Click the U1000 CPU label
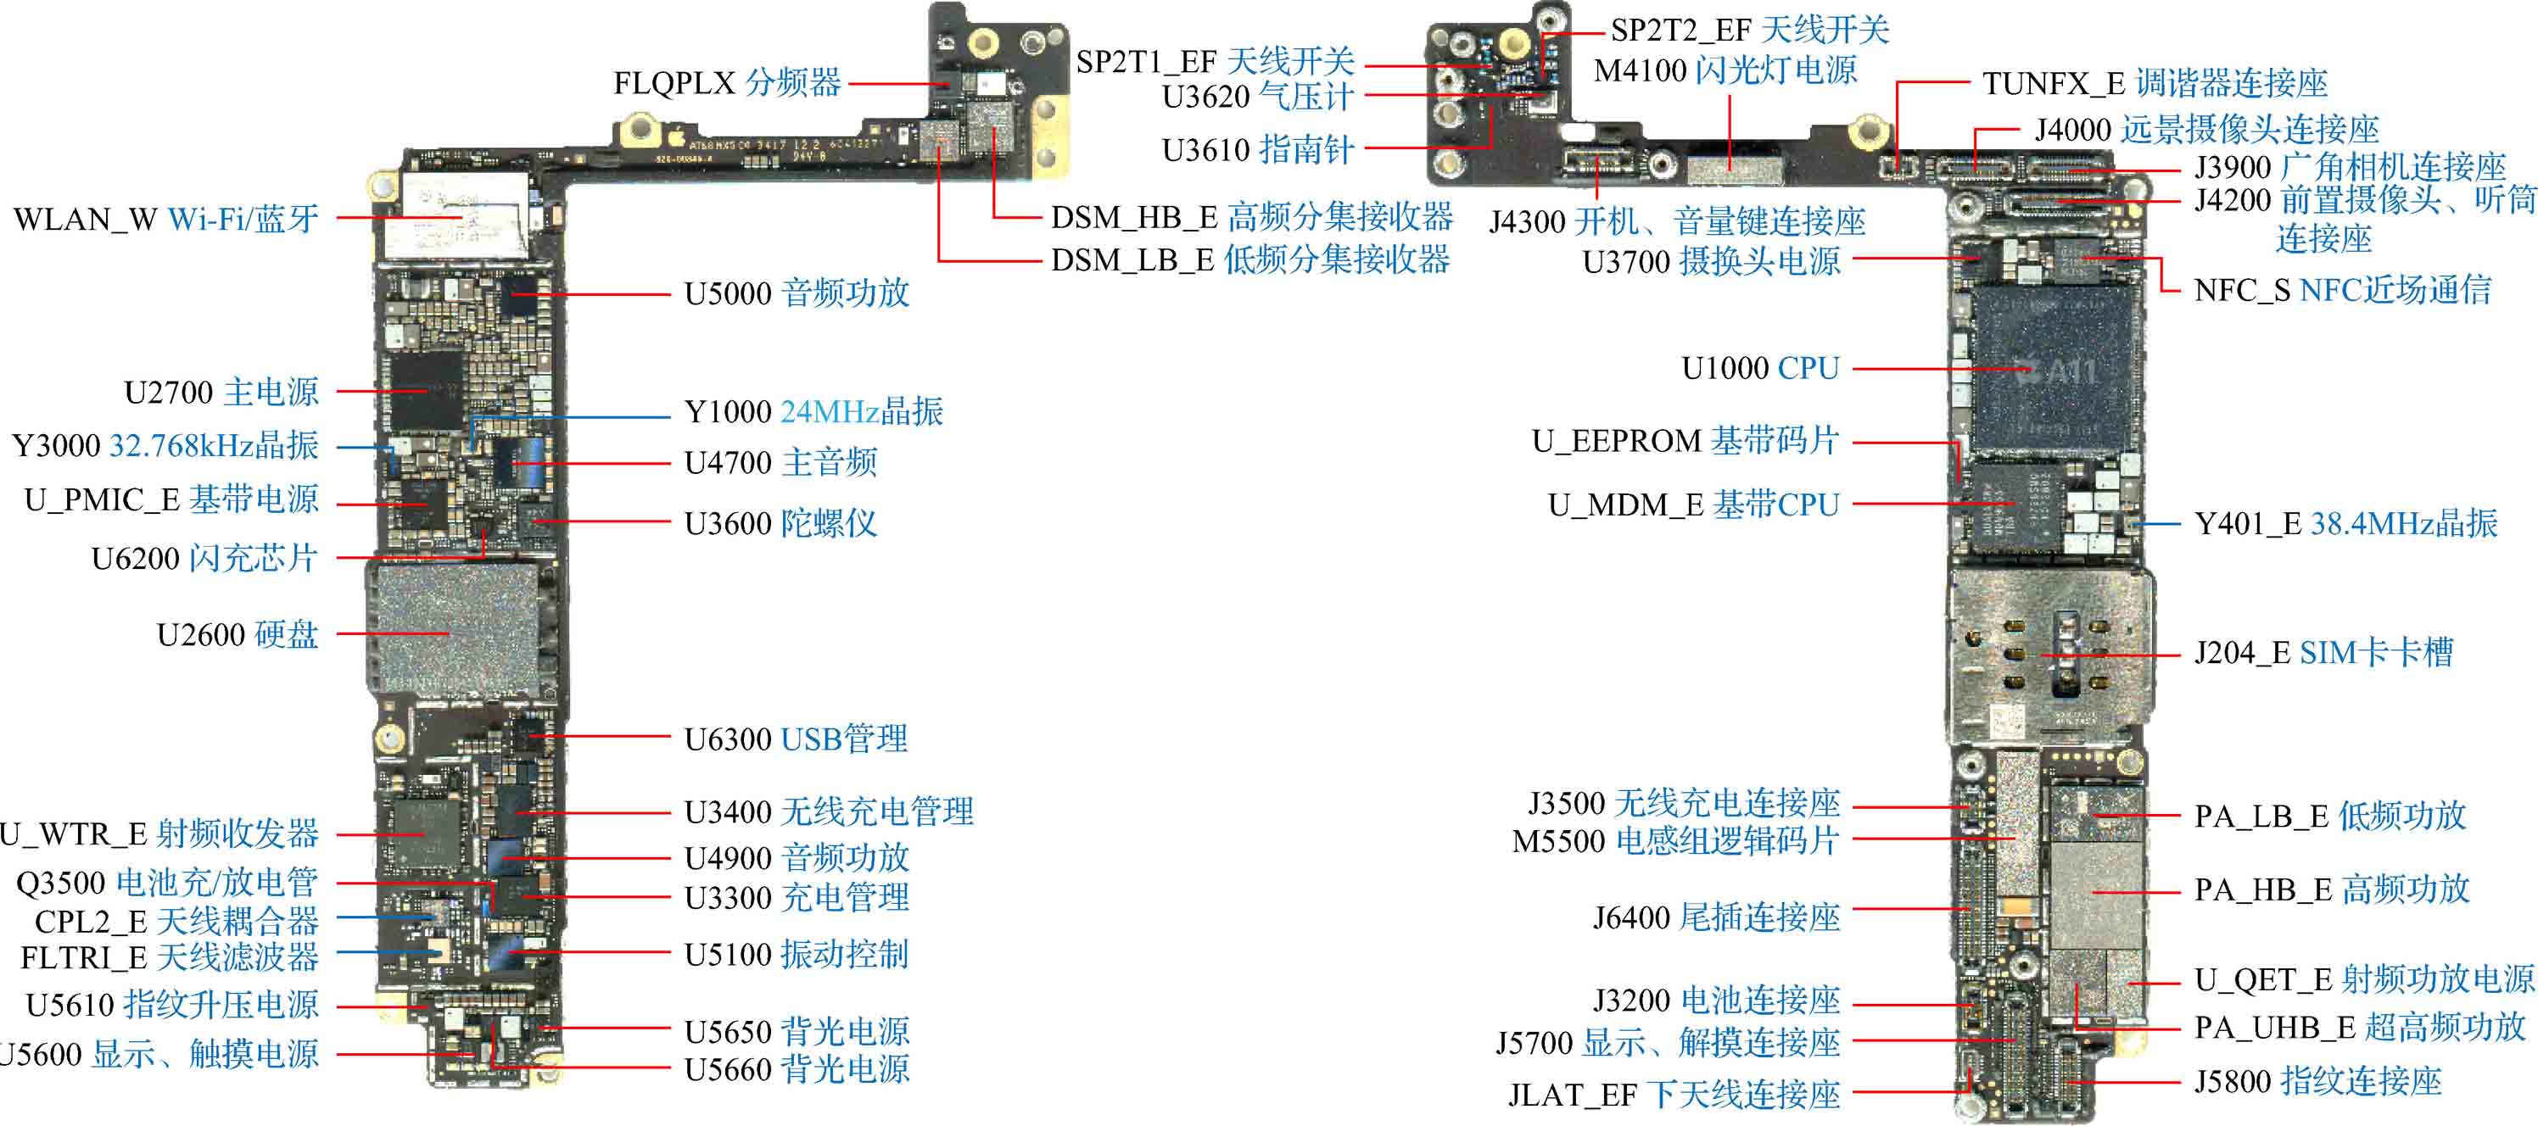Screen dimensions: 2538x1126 1759,369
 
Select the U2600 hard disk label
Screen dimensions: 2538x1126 238,634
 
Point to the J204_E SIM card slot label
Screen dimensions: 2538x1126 2323,653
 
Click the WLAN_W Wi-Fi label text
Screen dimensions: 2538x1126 165,219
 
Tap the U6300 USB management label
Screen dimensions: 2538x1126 796,739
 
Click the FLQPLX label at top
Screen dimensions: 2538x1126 727,83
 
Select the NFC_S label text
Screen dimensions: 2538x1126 2342,290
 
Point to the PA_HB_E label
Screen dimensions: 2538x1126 2331,889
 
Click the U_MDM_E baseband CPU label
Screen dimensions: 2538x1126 1694,505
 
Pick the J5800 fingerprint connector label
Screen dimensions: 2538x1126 2317,1082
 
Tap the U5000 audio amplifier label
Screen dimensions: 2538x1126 796,293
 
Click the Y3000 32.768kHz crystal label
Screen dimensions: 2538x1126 165,446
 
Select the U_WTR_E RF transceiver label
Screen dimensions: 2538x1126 159,834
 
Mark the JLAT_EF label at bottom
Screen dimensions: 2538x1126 1674,1095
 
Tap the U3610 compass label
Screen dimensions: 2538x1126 1258,150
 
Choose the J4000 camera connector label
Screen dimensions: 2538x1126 2207,129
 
